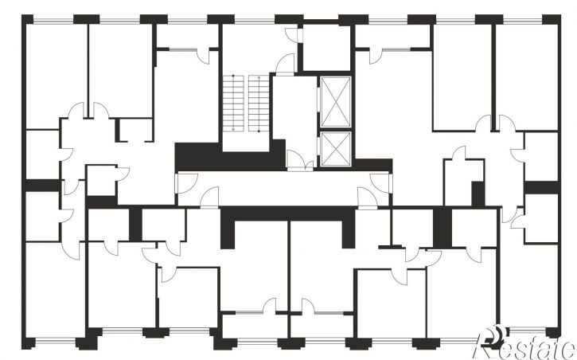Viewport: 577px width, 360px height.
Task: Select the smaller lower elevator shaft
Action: click(336, 149)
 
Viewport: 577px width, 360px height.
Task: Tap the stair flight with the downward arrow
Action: click(233, 103)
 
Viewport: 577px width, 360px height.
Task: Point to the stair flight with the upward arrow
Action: click(259, 103)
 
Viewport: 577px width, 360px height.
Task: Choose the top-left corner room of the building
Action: click(57, 76)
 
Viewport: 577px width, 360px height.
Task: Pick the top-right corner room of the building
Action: click(527, 76)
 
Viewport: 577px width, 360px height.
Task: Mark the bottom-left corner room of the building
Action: click(55, 289)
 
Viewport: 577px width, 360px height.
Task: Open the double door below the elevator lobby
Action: click(300, 161)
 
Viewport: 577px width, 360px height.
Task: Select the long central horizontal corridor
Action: click(283, 189)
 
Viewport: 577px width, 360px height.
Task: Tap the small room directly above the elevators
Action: click(326, 47)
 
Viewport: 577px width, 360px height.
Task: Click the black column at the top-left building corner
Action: click(27, 19)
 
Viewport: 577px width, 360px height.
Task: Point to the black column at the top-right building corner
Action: click(552, 19)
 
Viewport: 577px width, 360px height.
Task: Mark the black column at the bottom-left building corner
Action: click(29, 343)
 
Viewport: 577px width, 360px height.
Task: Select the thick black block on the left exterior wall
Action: click(42, 186)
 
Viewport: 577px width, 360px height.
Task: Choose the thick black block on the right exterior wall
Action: click(542, 187)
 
